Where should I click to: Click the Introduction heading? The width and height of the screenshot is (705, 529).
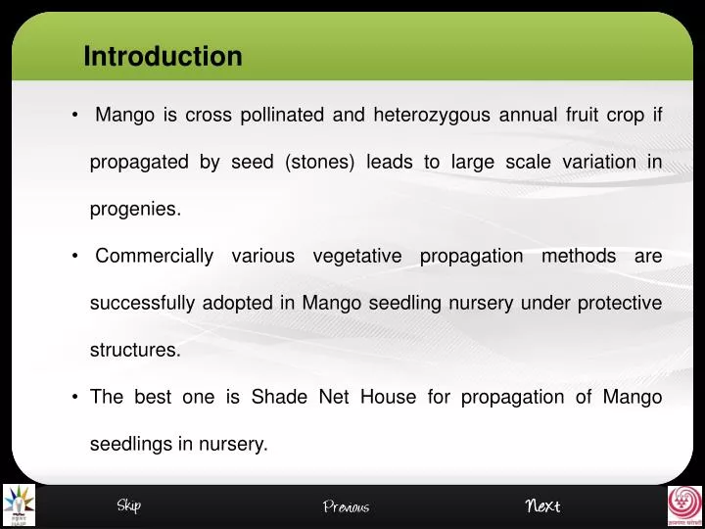(163, 57)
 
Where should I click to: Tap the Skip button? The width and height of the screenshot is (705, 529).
(128, 505)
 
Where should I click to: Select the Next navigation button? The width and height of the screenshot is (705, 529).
(542, 505)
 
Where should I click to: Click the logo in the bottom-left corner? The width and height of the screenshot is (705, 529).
(19, 505)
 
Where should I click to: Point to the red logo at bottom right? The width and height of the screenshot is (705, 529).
(684, 505)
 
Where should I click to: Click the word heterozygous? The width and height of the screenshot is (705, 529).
(432, 116)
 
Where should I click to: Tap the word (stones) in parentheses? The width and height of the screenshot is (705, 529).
(319, 163)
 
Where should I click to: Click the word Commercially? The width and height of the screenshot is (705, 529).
(154, 257)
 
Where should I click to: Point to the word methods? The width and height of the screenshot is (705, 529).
(579, 257)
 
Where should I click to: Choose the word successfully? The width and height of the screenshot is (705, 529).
(142, 304)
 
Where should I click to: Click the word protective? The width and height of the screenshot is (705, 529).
(619, 304)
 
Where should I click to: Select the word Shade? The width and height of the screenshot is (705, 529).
(280, 398)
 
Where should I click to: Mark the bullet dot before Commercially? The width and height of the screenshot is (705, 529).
(75, 257)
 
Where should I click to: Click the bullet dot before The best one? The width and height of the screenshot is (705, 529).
(75, 398)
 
